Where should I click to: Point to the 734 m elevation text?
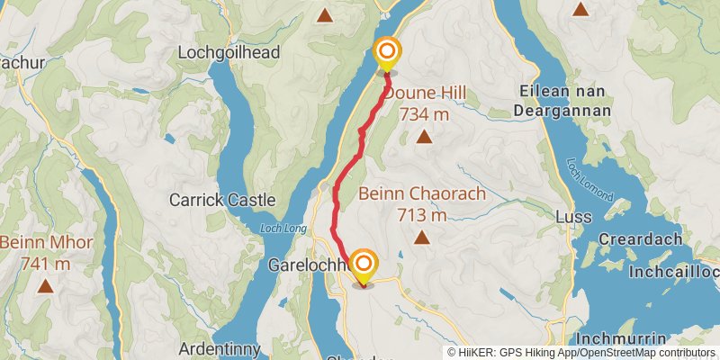pyautogui.click(x=423, y=114)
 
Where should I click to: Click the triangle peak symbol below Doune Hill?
pyautogui.click(x=423, y=137)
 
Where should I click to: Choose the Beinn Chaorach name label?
pyautogui.click(x=422, y=194)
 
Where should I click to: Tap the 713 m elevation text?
pyautogui.click(x=421, y=215)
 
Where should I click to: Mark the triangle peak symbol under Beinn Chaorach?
pyautogui.click(x=421, y=238)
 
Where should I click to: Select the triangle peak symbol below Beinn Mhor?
pyautogui.click(x=44, y=286)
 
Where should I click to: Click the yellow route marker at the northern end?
pyautogui.click(x=387, y=53)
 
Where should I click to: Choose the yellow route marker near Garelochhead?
pyautogui.click(x=364, y=265)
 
